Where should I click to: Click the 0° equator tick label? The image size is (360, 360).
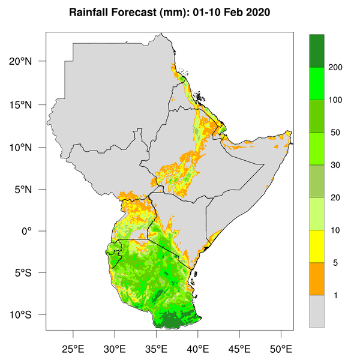pyautogui.click(x=34, y=231)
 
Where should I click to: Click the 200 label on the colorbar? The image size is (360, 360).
pyautogui.click(x=336, y=67)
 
